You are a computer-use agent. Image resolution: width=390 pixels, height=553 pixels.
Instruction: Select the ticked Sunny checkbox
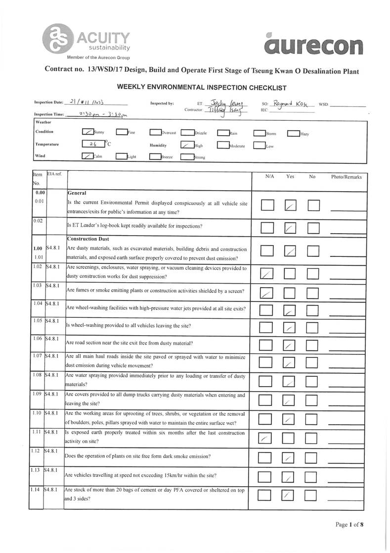[x=87, y=132]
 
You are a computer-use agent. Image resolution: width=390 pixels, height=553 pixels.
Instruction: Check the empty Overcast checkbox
[x=155, y=133]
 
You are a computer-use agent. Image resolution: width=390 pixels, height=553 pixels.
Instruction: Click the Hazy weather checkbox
[x=293, y=133]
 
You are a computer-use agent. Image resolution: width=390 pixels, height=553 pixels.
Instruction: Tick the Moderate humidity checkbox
[x=223, y=146]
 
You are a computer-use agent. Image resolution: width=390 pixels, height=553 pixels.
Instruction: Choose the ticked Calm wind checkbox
[x=87, y=156]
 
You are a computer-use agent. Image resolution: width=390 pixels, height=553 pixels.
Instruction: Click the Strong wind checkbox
[x=187, y=157]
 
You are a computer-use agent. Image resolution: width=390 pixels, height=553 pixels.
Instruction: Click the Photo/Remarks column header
[x=347, y=177]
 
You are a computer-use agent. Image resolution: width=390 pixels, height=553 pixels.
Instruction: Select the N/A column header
[x=269, y=177]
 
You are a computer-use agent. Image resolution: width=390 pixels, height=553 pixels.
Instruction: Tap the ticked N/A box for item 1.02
[x=267, y=273]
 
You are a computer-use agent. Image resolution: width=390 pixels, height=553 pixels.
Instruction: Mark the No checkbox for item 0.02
[x=313, y=227]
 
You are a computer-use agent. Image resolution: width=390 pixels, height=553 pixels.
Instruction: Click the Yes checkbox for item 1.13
[x=289, y=477]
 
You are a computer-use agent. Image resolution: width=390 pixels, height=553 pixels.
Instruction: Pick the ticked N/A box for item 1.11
[x=266, y=438]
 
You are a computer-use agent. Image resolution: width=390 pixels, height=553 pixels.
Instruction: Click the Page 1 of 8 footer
[x=349, y=525]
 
